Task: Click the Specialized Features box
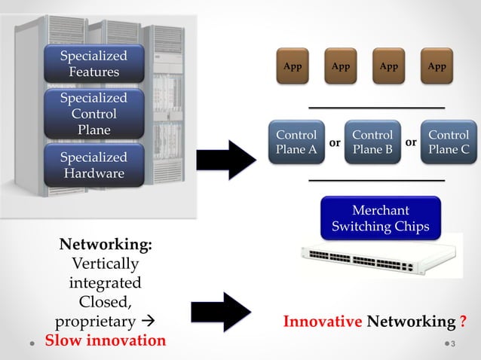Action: [x=93, y=64]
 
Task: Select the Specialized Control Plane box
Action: [x=93, y=114]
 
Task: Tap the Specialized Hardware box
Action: [x=93, y=166]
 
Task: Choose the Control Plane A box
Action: [x=296, y=142]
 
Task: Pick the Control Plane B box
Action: [x=372, y=142]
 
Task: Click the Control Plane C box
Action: [x=449, y=142]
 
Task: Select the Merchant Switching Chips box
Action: [x=380, y=218]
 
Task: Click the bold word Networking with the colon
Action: [x=105, y=246]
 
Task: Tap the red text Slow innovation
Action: [x=105, y=340]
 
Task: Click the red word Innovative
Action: [x=322, y=322]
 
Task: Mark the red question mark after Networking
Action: [x=462, y=322]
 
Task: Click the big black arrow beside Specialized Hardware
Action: [x=226, y=160]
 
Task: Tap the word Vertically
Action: [x=105, y=264]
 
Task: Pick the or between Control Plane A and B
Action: [x=335, y=142]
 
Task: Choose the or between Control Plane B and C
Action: [x=411, y=142]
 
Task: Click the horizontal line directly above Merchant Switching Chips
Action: [x=377, y=181]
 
